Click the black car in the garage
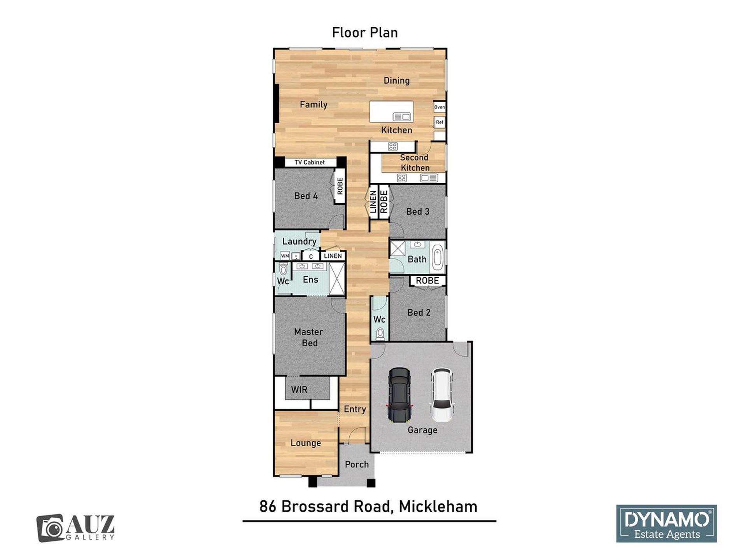point(399,395)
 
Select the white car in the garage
point(442,395)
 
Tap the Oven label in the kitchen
point(440,107)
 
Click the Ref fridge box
point(440,122)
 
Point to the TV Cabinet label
point(310,162)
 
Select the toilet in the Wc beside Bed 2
point(380,334)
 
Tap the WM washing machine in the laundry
point(285,256)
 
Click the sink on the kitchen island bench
point(402,116)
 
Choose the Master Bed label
point(309,337)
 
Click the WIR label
point(299,390)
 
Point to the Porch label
point(357,464)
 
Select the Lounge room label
point(306,443)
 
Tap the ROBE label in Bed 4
point(340,186)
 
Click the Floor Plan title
point(365,33)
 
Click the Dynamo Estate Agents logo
point(666,523)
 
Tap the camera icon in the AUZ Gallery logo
point(50,528)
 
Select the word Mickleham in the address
point(438,507)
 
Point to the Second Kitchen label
point(415,163)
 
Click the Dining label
point(397,81)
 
